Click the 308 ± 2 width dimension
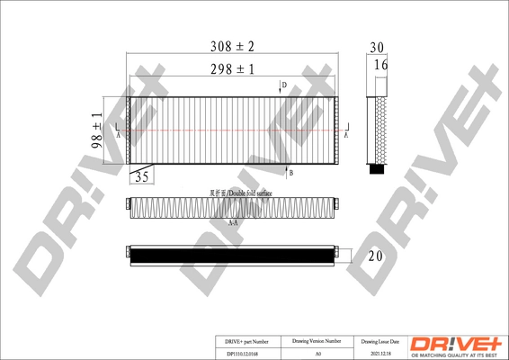coord(233,45)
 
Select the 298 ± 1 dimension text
coord(233,68)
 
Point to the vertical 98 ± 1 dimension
coord(97,131)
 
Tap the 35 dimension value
coord(142,177)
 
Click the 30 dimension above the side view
coord(377,48)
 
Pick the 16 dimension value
coord(381,65)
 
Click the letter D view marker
coord(282,85)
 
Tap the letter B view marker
coord(290,172)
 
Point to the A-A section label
coord(232,222)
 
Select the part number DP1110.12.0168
coord(240,353)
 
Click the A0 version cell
coord(317,353)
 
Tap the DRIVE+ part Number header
coord(240,341)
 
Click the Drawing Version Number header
coord(317,341)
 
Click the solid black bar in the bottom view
coord(233,256)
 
